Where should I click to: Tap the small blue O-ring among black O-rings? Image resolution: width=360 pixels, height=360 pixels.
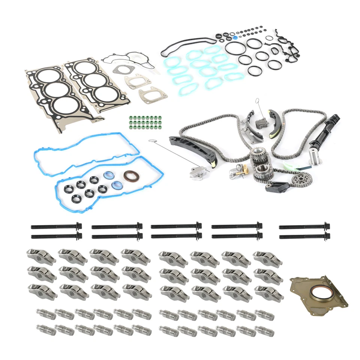coord(234,37)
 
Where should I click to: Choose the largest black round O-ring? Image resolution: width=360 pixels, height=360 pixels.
coord(235,48)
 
